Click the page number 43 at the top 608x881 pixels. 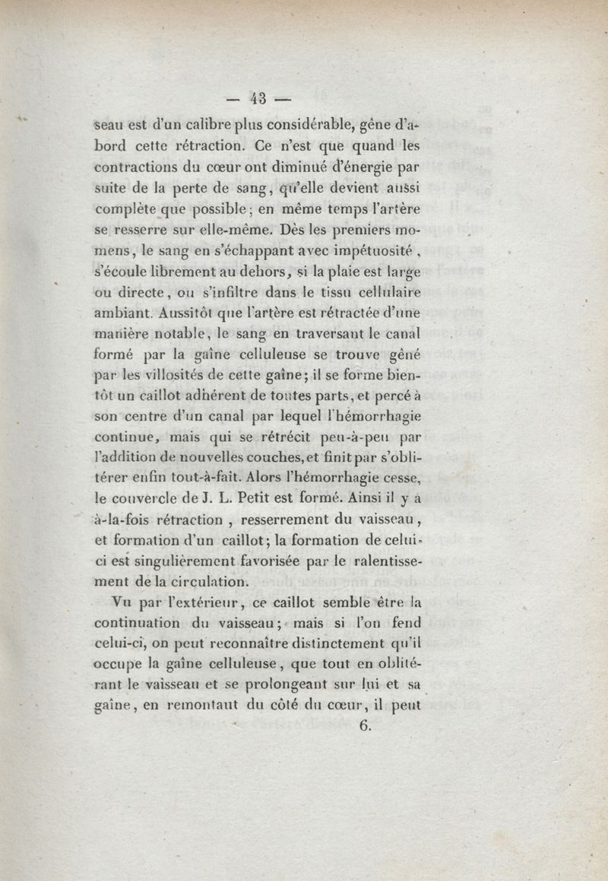pyautogui.click(x=261, y=97)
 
